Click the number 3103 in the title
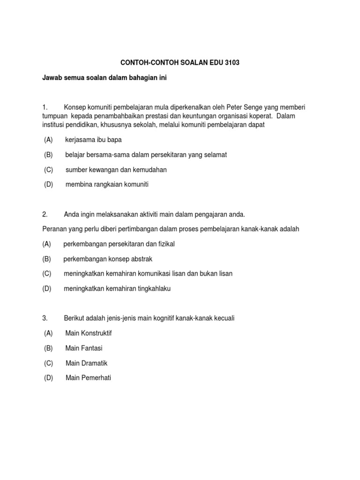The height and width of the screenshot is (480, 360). pyautogui.click(x=230, y=62)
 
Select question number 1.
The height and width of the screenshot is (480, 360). pyautogui.click(x=45, y=107)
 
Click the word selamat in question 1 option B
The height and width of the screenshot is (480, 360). pyautogui.click(x=216, y=155)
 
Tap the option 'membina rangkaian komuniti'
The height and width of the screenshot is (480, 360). pyautogui.click(x=107, y=185)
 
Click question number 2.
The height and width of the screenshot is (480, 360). pyautogui.click(x=45, y=214)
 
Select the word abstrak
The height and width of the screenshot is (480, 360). pyautogui.click(x=141, y=259)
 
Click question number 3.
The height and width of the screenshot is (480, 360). pyautogui.click(x=45, y=318)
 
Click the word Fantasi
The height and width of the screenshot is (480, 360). pyautogui.click(x=91, y=348)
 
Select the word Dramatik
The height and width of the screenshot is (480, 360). pyautogui.click(x=95, y=363)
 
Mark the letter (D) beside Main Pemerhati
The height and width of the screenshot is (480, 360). pyautogui.click(x=49, y=378)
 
